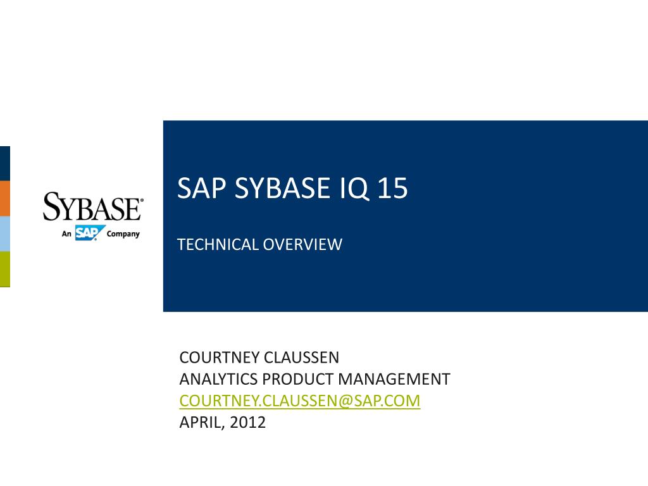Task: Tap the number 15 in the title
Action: pos(392,189)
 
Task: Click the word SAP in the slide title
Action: pos(202,189)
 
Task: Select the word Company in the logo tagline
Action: pos(123,234)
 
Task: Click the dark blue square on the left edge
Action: pos(4,163)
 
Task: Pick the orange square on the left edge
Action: pos(4,198)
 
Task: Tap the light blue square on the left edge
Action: pos(4,234)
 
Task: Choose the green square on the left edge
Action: pos(4,269)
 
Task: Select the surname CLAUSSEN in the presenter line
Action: pos(302,358)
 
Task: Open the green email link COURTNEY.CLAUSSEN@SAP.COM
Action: pos(300,401)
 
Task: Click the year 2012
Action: pos(248,422)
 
